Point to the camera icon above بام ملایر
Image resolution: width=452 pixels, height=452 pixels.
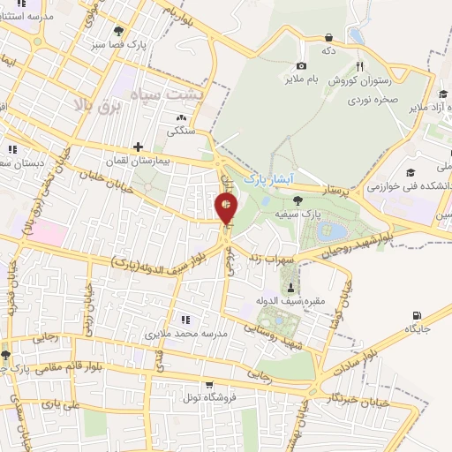click(x=301, y=65)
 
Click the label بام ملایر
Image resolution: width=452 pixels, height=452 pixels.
click(x=301, y=79)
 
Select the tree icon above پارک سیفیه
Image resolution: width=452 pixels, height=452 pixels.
click(x=296, y=200)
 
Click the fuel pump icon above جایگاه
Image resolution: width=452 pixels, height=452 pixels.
click(x=417, y=315)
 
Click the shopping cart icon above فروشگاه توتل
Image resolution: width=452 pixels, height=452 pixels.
click(x=208, y=384)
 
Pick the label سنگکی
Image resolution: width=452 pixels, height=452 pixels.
click(x=181, y=131)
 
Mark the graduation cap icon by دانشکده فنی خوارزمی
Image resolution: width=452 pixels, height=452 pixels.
click(x=411, y=172)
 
